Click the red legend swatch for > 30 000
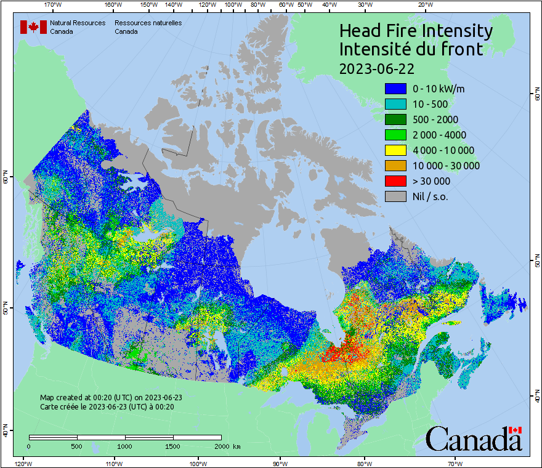click(395, 181)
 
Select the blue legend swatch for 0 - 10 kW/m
click(395, 89)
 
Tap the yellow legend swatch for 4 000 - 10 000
click(395, 150)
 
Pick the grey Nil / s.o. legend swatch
click(395, 196)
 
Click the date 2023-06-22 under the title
click(376, 68)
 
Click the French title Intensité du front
click(411, 49)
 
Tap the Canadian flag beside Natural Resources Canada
click(33, 27)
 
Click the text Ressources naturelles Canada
click(148, 27)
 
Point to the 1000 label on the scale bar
click(125, 446)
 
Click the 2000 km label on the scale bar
click(227, 446)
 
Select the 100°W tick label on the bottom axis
click(198, 463)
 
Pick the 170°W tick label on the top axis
click(54, 5)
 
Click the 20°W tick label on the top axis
click(424, 5)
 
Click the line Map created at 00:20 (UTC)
click(111, 398)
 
